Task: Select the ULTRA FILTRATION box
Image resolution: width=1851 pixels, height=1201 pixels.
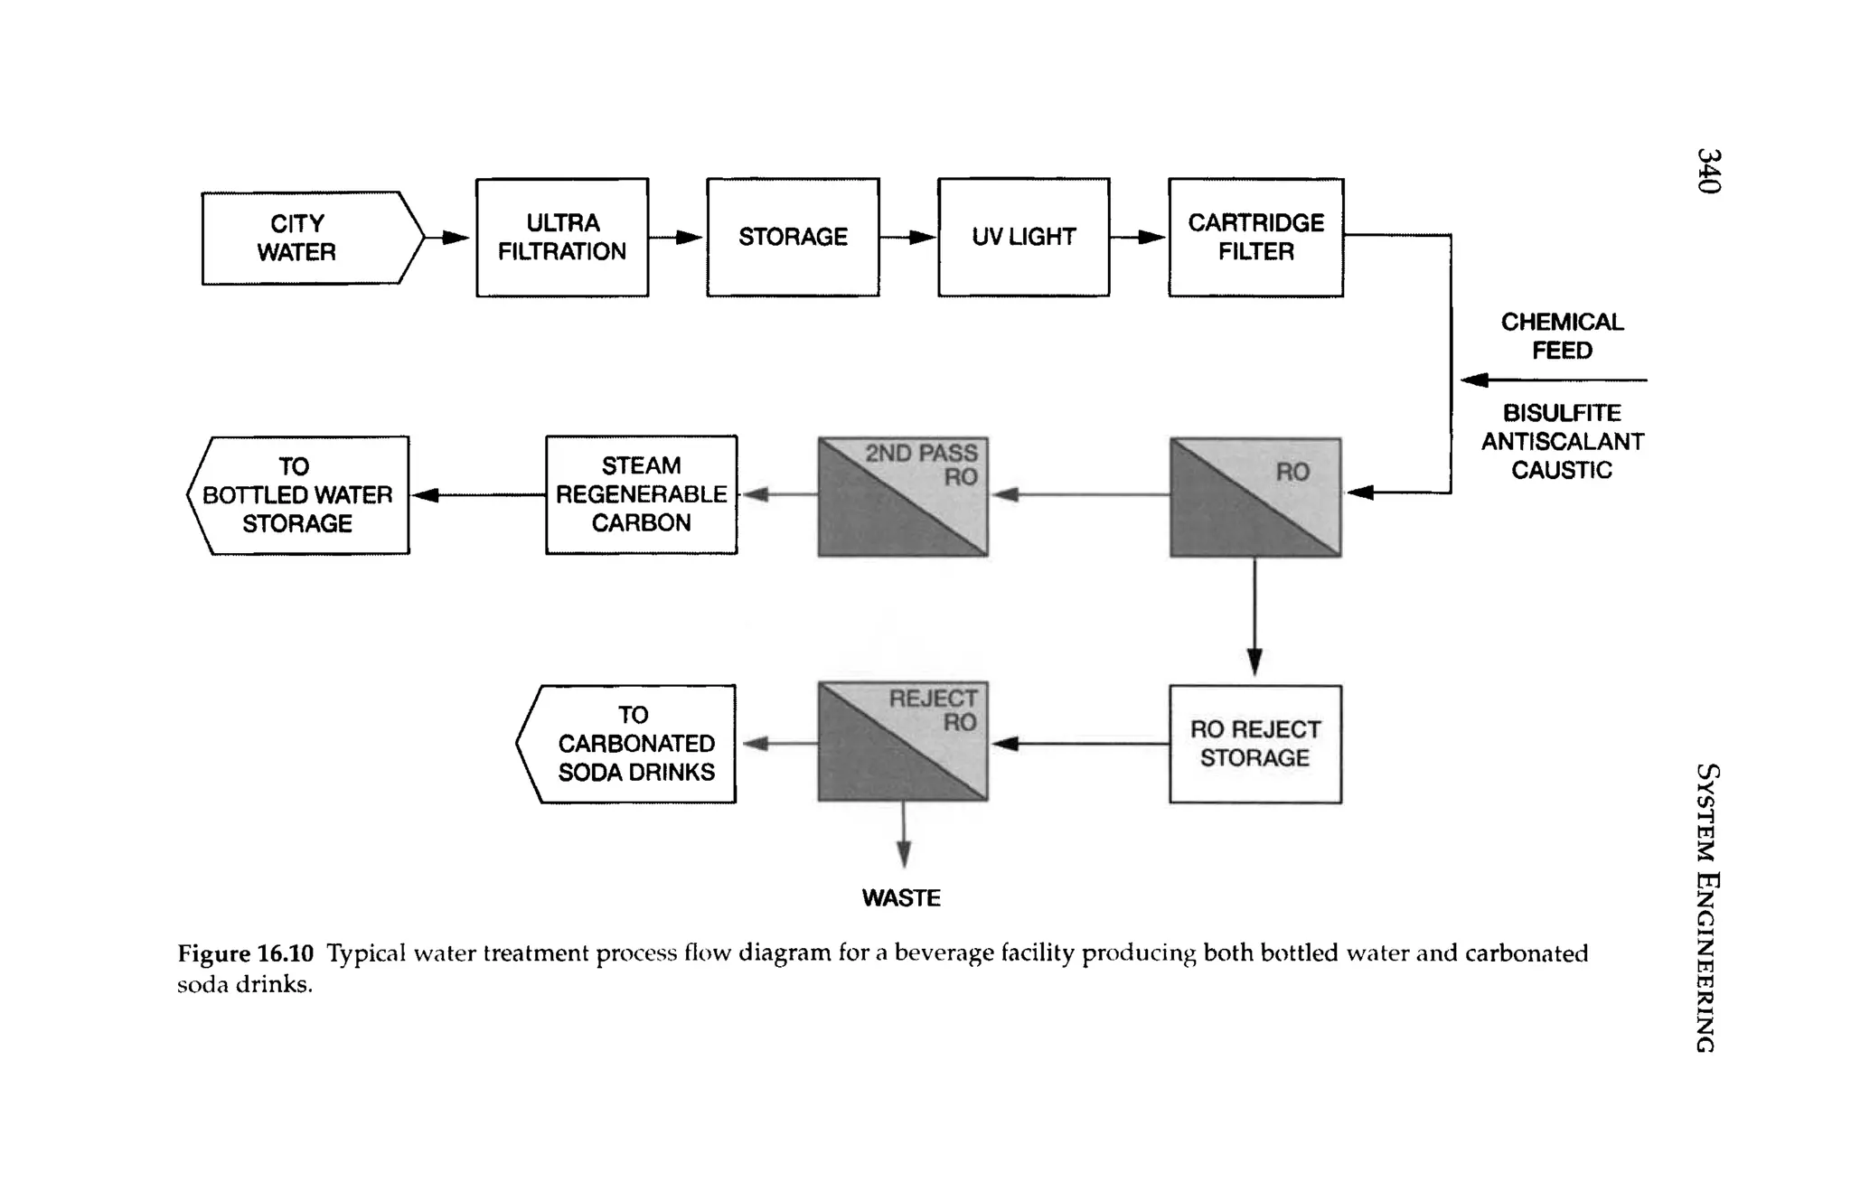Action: tap(562, 237)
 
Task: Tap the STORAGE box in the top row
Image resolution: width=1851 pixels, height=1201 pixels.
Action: tap(793, 237)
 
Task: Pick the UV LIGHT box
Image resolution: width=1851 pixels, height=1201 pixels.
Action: tap(1023, 237)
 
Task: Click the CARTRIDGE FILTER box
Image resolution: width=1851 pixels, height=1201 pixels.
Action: tap(1255, 237)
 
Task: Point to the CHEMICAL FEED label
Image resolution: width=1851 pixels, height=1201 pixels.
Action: tap(1562, 336)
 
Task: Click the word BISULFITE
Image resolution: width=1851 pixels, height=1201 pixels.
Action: tap(1562, 413)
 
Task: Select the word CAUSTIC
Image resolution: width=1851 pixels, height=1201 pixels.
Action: tap(1562, 470)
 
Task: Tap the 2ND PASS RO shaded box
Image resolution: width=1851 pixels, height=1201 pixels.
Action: tap(903, 497)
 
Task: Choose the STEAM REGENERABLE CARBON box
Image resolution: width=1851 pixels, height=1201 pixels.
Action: tap(641, 494)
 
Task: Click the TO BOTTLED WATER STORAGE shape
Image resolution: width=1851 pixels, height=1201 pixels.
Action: tap(298, 495)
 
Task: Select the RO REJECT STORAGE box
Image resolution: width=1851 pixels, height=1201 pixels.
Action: tap(1254, 744)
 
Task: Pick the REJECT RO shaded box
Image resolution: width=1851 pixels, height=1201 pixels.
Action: tap(903, 742)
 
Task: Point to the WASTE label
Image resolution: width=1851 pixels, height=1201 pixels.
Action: tap(901, 898)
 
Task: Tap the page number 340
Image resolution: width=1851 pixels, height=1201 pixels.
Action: tap(1708, 171)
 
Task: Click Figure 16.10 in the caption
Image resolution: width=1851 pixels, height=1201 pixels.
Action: tap(245, 953)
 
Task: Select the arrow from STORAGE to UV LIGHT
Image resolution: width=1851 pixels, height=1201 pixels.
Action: tap(907, 238)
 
